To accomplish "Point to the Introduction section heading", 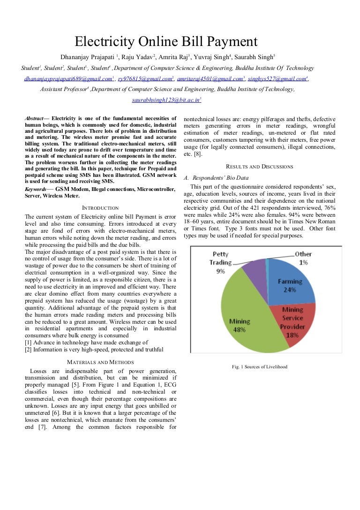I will pos(100,208).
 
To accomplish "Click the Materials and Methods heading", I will pos(100,362).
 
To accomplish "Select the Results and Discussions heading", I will pos(259,167).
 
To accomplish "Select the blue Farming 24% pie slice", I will pos(291,282).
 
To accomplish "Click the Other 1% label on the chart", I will pos(303,258).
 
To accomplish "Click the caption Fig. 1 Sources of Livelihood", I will pos(259,366).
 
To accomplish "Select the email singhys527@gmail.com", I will pos(276,79).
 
